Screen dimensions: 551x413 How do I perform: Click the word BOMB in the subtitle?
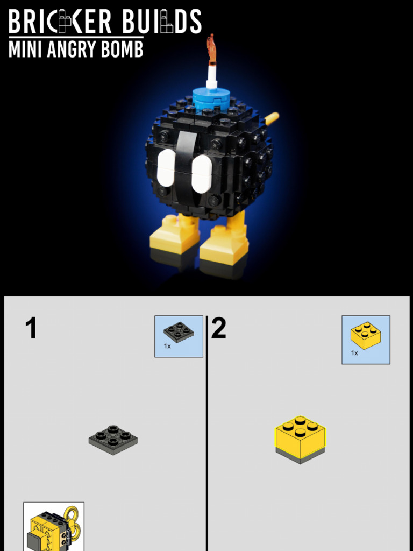click(x=125, y=50)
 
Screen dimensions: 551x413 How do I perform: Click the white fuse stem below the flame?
click(x=212, y=75)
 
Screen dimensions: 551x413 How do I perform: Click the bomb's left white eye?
click(x=167, y=167)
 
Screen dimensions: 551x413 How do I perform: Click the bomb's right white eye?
click(x=201, y=173)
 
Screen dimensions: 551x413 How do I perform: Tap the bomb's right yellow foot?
click(x=225, y=245)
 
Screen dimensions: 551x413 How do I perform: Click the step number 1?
click(x=31, y=329)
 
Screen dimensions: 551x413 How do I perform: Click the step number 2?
click(x=219, y=329)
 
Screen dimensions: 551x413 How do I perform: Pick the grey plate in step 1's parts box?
click(x=179, y=332)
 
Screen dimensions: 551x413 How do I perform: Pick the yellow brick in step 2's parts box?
click(x=366, y=335)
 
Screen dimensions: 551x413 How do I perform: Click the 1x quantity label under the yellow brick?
click(x=354, y=353)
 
